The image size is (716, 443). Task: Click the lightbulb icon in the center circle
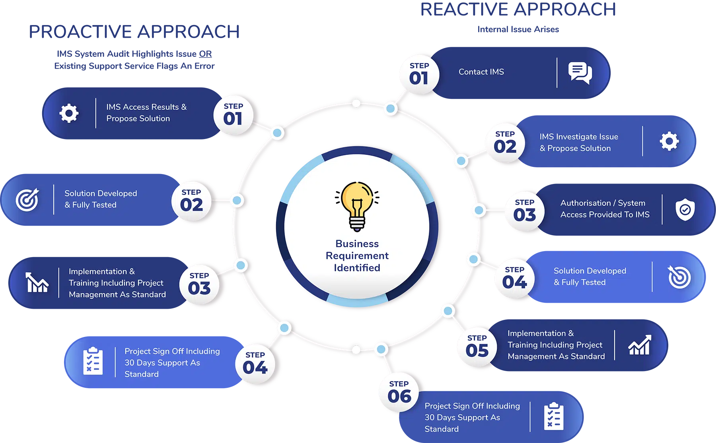pyautogui.click(x=357, y=206)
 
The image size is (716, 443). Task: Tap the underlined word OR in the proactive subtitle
pyautogui.click(x=205, y=54)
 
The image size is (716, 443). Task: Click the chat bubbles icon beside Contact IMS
pyautogui.click(x=580, y=73)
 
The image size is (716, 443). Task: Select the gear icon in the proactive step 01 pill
pyautogui.click(x=69, y=113)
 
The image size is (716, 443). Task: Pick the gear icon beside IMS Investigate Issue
pyautogui.click(x=669, y=141)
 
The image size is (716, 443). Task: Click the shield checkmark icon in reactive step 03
pyautogui.click(x=685, y=209)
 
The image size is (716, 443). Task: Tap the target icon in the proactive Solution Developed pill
pyautogui.click(x=27, y=199)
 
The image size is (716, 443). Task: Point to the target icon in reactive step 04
pyautogui.click(x=679, y=277)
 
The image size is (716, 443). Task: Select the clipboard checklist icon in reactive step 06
pyautogui.click(x=554, y=416)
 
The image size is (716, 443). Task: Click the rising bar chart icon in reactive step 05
pyautogui.click(x=640, y=344)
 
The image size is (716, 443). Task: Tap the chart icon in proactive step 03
pyautogui.click(x=37, y=282)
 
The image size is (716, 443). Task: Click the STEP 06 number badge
pyautogui.click(x=399, y=392)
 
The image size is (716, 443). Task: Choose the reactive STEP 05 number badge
pyautogui.click(x=477, y=346)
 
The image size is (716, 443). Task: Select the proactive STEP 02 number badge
pyautogui.click(x=191, y=201)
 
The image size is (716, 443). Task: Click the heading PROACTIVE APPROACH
pyautogui.click(x=134, y=32)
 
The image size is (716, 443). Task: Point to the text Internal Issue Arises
pyautogui.click(x=518, y=29)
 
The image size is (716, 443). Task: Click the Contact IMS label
pyautogui.click(x=481, y=72)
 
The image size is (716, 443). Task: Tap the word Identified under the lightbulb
pyautogui.click(x=357, y=268)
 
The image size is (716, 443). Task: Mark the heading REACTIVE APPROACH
pyautogui.click(x=518, y=10)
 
